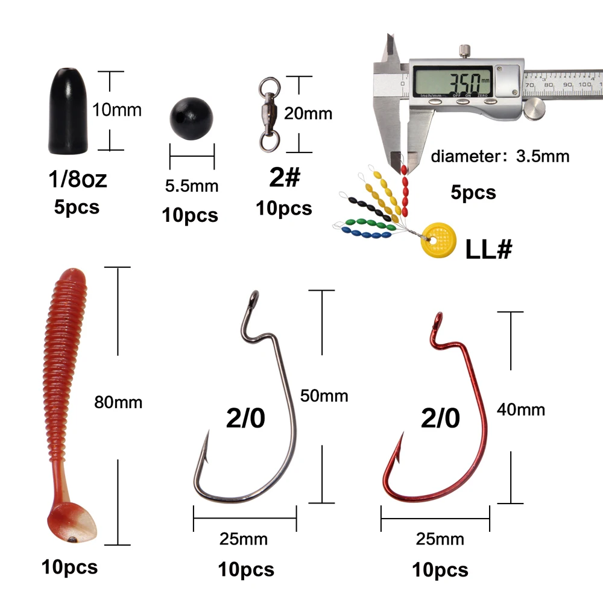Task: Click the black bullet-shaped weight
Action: (68, 112)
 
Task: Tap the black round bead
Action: (191, 118)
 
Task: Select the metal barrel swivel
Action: (269, 115)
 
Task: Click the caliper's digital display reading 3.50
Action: (453, 81)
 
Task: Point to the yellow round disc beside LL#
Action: (438, 240)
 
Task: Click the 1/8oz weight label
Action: (77, 179)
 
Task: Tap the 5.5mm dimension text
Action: (192, 186)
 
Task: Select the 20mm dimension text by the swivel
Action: (308, 114)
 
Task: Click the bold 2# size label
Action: (285, 177)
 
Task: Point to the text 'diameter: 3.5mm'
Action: (500, 156)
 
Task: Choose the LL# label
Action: (489, 249)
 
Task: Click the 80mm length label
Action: (118, 402)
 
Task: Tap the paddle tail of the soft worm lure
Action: (72, 522)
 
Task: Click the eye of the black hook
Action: (254, 297)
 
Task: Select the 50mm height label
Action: (324, 396)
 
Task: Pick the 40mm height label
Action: (521, 410)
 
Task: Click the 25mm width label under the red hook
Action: (440, 539)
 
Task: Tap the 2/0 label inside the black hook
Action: (246, 418)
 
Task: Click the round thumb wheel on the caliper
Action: (535, 109)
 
